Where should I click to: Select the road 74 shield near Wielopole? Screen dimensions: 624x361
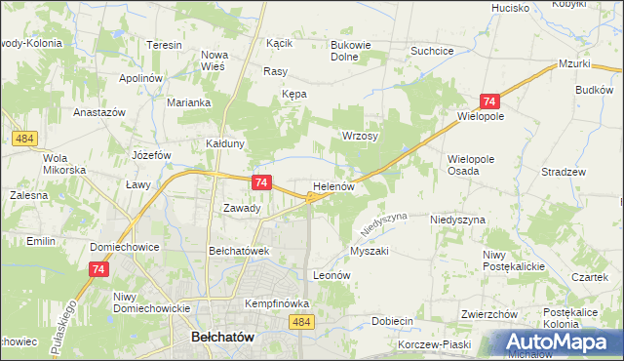(489, 101)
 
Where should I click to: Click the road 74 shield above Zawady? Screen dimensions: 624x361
(260, 182)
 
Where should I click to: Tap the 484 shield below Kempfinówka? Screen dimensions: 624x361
(301, 322)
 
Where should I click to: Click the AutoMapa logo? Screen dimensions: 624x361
(557, 341)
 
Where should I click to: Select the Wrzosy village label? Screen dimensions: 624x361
(360, 136)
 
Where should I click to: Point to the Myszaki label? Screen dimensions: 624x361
(370, 251)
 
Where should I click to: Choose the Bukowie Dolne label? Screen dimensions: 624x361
(358, 51)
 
